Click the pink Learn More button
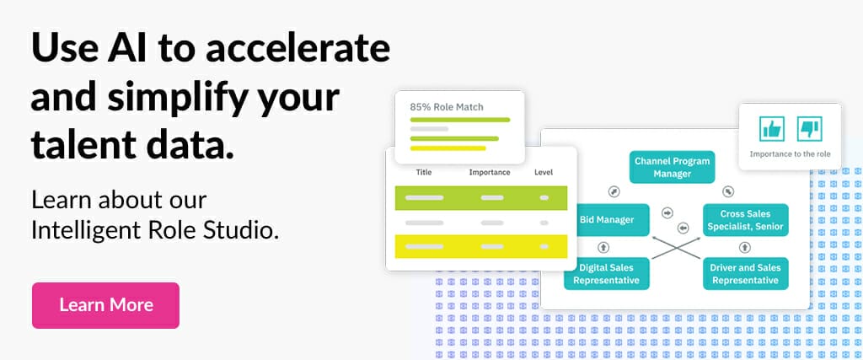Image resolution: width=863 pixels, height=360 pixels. pos(105,305)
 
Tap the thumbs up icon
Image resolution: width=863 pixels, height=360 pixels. pos(772,129)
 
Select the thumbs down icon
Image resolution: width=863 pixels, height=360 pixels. pos(810,129)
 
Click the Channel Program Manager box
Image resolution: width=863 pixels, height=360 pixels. pos(672,167)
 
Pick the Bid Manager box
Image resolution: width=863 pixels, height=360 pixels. pos(607,220)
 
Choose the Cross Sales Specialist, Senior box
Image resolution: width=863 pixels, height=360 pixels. pos(745,220)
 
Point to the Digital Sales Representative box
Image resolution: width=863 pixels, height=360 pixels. pos(607,273)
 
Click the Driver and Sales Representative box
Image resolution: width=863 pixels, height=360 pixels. pos(745,273)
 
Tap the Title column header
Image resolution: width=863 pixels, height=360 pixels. pos(424,172)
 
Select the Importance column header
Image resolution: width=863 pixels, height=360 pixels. pos(490,172)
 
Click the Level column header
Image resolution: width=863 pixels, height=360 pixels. pos(544,172)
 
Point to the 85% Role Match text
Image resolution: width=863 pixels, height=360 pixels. pos(447,107)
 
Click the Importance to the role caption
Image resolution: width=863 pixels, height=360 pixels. pos(790,154)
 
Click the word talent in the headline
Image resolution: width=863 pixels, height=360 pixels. pos(82,145)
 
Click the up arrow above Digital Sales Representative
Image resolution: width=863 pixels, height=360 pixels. pos(603,247)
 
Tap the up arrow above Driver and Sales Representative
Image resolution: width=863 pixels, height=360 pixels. pos(745,247)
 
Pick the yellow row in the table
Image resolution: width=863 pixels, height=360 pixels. pos(481,247)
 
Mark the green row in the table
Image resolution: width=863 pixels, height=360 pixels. pos(481,197)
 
